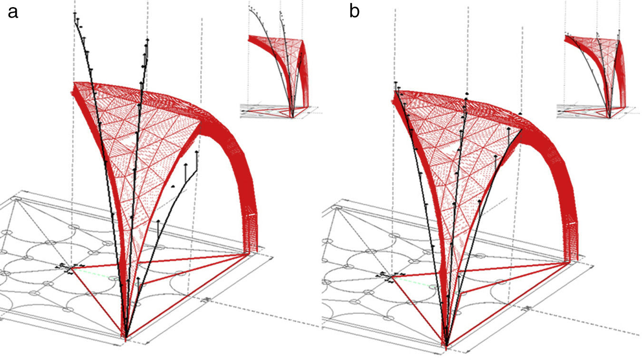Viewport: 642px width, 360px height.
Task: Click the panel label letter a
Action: [x=13, y=11]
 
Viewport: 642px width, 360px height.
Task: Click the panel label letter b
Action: [x=354, y=11]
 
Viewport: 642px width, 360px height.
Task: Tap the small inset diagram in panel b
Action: [x=594, y=71]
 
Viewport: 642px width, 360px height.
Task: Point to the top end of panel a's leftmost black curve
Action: [x=75, y=14]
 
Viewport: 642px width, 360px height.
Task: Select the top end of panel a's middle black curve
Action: [x=147, y=40]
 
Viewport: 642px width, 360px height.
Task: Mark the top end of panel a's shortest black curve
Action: [x=196, y=153]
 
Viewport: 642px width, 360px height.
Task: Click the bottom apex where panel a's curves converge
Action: [x=126, y=337]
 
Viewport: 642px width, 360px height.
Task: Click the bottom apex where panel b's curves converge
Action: [x=446, y=346]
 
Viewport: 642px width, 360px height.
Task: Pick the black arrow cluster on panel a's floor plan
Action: [x=70, y=269]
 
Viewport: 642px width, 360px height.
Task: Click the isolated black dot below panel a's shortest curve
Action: [x=174, y=186]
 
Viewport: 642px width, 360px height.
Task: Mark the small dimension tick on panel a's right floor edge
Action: [x=207, y=300]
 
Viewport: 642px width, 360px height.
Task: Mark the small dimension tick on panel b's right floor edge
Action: [x=527, y=308]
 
